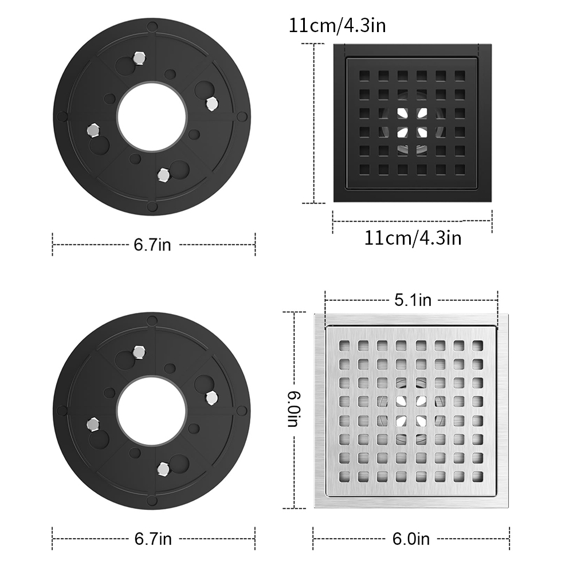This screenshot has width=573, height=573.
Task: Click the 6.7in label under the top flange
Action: coord(152,245)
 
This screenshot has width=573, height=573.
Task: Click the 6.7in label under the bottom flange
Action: coord(153,539)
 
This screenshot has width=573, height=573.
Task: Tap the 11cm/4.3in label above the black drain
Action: coord(337,26)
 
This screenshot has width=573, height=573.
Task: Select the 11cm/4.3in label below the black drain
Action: coord(413,238)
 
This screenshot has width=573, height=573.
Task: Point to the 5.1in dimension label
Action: coord(413,300)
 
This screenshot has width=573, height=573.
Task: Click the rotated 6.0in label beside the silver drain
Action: coord(293,409)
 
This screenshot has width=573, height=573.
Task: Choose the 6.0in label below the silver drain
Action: coord(411,539)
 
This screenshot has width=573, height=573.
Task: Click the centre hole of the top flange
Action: coord(152,117)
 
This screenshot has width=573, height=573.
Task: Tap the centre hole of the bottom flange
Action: coord(152,411)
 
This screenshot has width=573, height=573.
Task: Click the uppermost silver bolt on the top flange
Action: coord(139,58)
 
